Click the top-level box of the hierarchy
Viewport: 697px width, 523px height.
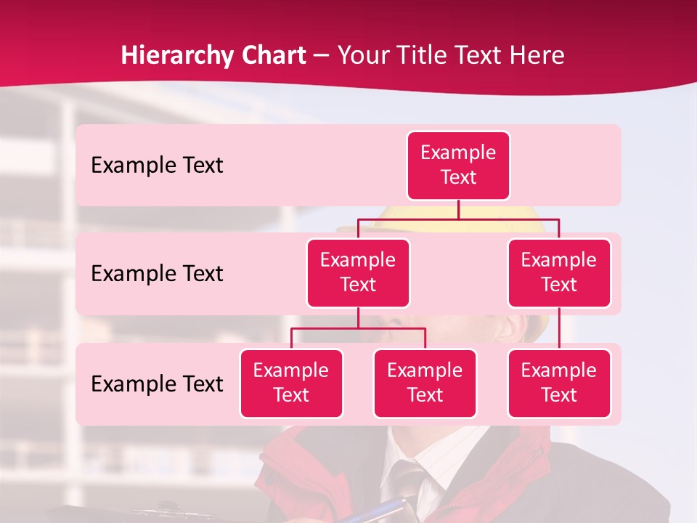click(458, 165)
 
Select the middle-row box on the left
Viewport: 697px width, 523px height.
click(358, 272)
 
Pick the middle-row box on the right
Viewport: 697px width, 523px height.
click(559, 272)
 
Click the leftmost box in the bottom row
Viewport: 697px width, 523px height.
click(291, 383)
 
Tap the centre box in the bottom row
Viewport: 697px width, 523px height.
click(425, 383)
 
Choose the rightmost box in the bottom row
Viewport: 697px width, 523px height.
click(559, 383)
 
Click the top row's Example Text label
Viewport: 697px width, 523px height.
click(157, 166)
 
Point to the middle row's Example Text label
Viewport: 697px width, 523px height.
click(157, 274)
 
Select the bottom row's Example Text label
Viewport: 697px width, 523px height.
click(157, 384)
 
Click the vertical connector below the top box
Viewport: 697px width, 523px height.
click(458, 209)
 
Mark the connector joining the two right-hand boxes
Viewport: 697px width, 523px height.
click(559, 328)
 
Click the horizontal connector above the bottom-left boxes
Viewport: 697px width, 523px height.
click(358, 328)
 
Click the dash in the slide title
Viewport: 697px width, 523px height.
click(322, 56)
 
